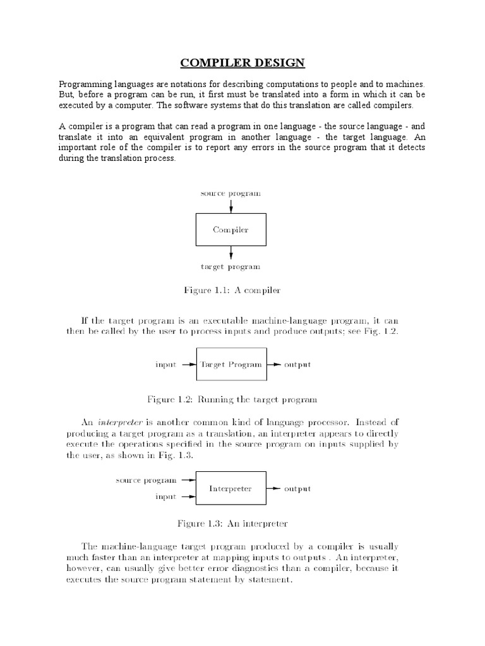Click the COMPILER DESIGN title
point(243,62)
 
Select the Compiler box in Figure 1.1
point(231,230)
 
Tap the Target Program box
point(231,364)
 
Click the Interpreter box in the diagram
point(231,488)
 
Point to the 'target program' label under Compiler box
point(231,267)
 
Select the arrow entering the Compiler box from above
point(231,206)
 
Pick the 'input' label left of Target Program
point(166,365)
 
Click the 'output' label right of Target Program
point(297,365)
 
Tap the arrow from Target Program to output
point(273,365)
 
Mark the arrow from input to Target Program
point(189,365)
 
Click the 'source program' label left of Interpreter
point(146,480)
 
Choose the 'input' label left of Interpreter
point(166,496)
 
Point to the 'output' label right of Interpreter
point(297,488)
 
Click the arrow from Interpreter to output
point(273,488)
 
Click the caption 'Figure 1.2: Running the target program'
point(231,399)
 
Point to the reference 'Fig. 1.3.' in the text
point(176,455)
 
